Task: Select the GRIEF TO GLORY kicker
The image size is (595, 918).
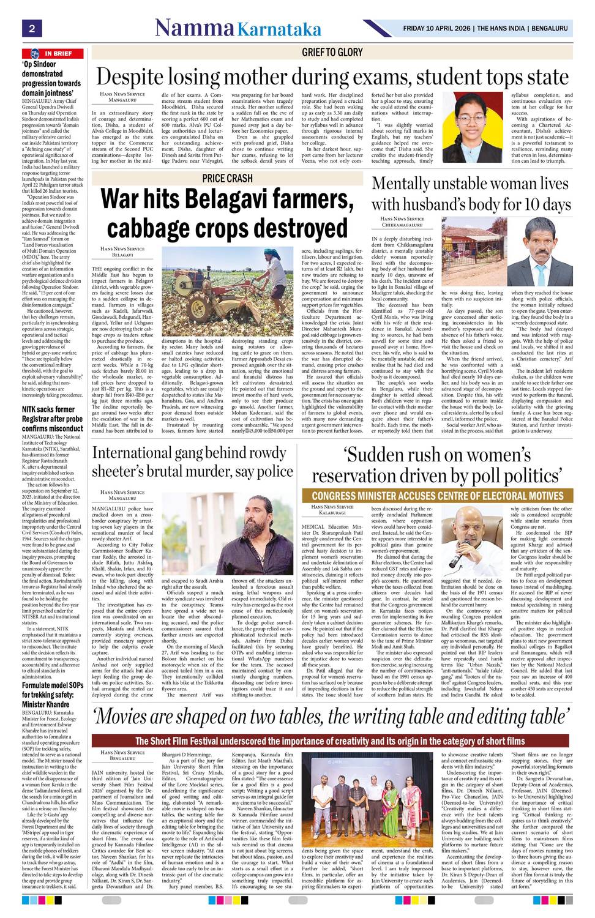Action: click(x=332, y=53)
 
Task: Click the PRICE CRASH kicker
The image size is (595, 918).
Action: click(x=227, y=178)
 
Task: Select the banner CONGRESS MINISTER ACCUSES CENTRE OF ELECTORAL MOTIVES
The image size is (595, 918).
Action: click(x=437, y=496)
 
